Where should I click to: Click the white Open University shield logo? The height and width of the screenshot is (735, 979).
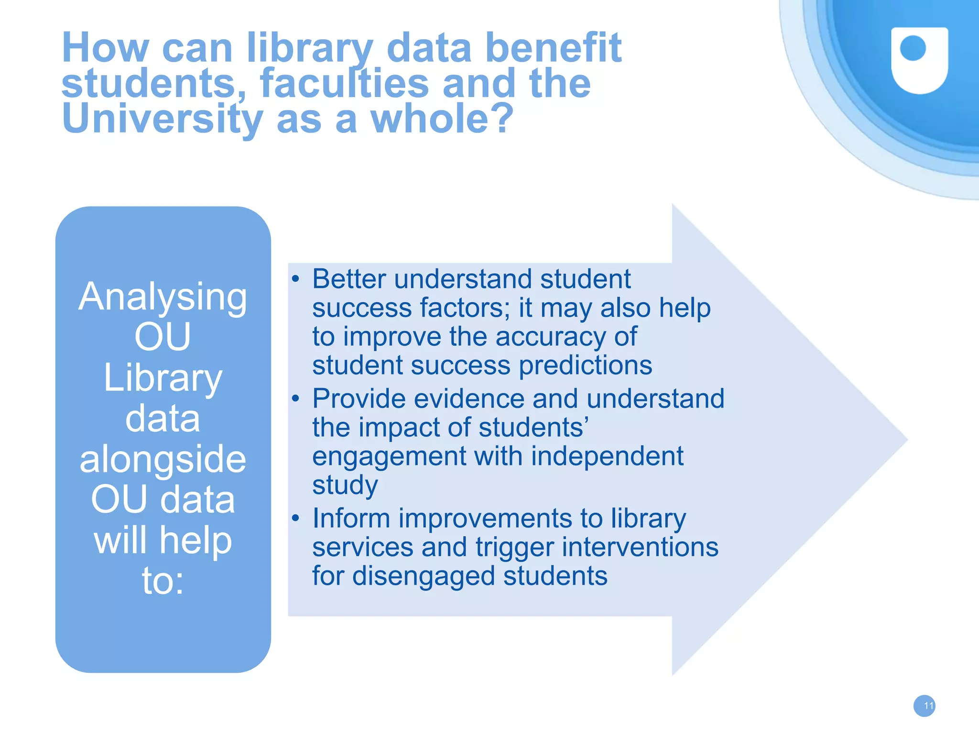click(x=919, y=60)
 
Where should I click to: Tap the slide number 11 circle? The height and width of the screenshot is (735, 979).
click(x=924, y=706)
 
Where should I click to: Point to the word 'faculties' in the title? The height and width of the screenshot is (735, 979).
click(x=344, y=84)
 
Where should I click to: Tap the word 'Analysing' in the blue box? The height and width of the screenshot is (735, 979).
click(x=163, y=297)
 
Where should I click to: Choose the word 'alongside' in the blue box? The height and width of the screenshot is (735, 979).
click(x=163, y=459)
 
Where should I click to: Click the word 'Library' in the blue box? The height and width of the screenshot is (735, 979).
click(x=163, y=378)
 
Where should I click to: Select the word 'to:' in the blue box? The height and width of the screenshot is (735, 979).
click(x=163, y=581)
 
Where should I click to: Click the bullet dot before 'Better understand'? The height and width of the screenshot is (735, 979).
click(x=296, y=279)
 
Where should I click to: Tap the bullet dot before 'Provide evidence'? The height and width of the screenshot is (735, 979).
click(x=296, y=398)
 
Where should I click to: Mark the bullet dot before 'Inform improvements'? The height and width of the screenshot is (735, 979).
click(x=296, y=518)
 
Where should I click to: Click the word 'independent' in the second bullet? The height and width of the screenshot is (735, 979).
click(x=607, y=456)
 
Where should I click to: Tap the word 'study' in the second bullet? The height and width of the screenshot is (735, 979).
click(x=345, y=485)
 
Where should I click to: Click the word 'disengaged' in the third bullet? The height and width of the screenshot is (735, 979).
click(x=424, y=576)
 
